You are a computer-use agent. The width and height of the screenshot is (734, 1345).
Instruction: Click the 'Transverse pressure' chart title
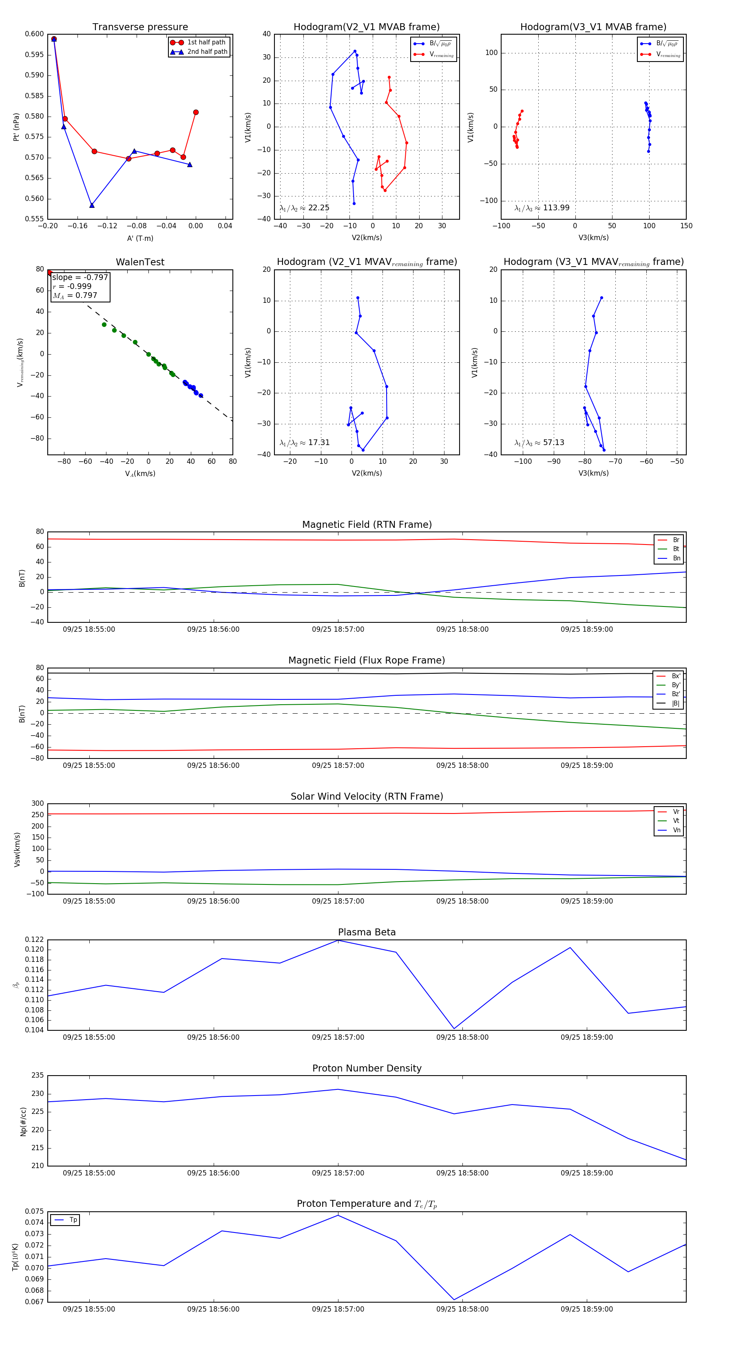pyautogui.click(x=140, y=27)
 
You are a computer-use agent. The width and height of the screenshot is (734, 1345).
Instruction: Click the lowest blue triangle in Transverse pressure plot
pyautogui.click(x=92, y=205)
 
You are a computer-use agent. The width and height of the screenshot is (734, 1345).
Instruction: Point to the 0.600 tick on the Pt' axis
pyautogui.click(x=35, y=35)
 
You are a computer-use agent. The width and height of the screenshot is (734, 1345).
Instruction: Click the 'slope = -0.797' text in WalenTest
pyautogui.click(x=80, y=277)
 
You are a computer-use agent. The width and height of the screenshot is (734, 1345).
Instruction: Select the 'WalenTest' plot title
pyautogui.click(x=140, y=262)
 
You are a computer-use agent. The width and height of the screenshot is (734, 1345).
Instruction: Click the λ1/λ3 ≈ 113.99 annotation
pyautogui.click(x=542, y=208)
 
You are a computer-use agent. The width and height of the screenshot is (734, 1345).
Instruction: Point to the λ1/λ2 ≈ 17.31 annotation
pyautogui.click(x=305, y=443)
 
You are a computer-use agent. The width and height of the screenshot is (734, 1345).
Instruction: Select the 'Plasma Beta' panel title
pyautogui.click(x=367, y=932)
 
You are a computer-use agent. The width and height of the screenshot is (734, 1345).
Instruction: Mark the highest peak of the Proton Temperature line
pyautogui.click(x=338, y=1215)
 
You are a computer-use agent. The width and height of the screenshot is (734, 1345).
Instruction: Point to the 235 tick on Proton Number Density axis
pyautogui.click(x=38, y=1076)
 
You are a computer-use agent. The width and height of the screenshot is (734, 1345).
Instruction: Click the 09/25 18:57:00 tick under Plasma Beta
pyautogui.click(x=338, y=1037)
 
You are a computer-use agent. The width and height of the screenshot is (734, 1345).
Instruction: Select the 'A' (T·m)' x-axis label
pyautogui.click(x=140, y=238)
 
